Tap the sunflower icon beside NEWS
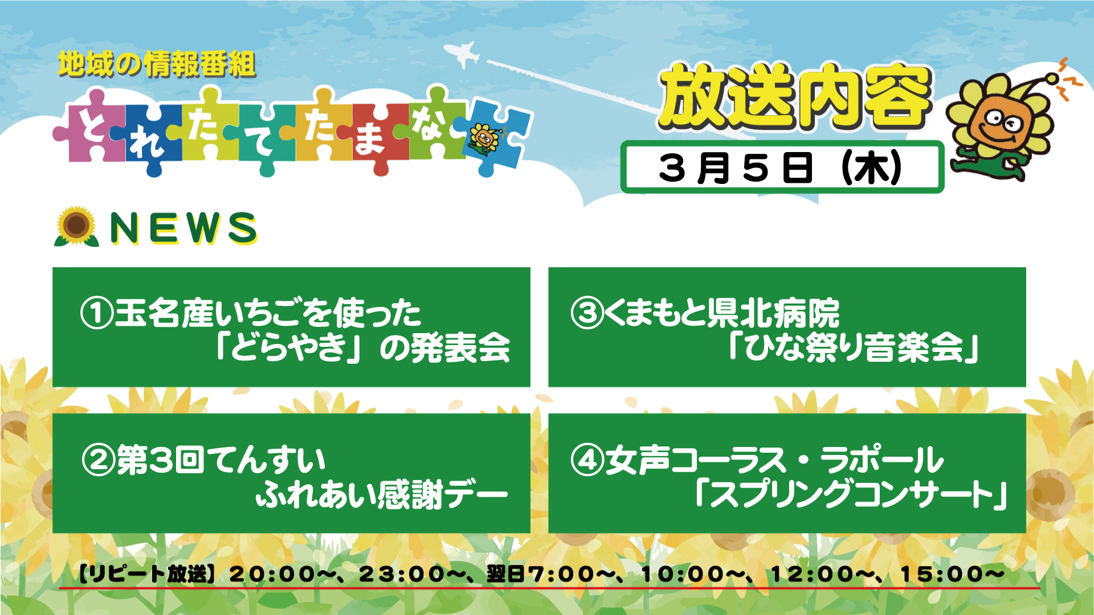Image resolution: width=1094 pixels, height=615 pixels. coord(76,227)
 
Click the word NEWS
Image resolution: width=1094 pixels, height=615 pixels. coord(183,228)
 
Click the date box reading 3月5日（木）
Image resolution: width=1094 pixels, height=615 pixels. coord(782,167)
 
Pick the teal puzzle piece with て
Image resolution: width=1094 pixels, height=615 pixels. coord(262,137)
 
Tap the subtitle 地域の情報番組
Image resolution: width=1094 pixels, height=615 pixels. coord(157,64)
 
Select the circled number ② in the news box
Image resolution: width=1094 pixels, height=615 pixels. coord(99,460)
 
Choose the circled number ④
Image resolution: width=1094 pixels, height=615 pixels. coord(587,460)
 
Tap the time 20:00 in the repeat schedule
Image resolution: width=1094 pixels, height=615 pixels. coord(272,574)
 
